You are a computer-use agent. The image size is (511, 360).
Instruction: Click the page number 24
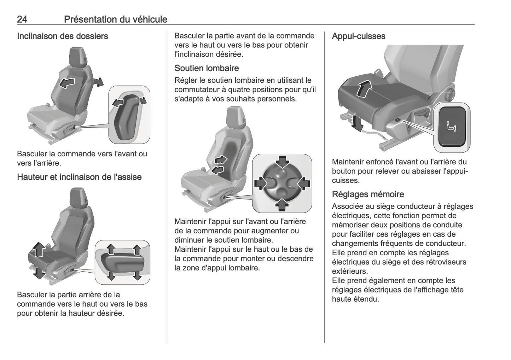[22, 19]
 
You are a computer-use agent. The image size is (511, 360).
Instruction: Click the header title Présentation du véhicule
[115, 19]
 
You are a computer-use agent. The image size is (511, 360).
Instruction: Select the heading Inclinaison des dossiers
[62, 36]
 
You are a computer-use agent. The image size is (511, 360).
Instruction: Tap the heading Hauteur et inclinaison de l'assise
[79, 177]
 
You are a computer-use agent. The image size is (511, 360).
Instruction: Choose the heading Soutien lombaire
[207, 68]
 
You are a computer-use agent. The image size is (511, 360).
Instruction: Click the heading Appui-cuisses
[358, 36]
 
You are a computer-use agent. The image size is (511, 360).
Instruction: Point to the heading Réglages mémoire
[368, 194]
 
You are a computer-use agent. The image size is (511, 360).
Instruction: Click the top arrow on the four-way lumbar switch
[282, 162]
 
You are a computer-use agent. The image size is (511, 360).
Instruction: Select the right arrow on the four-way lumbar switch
[303, 183]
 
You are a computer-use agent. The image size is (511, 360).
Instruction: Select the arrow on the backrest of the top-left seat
[67, 83]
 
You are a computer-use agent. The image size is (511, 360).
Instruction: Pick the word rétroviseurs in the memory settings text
[453, 262]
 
